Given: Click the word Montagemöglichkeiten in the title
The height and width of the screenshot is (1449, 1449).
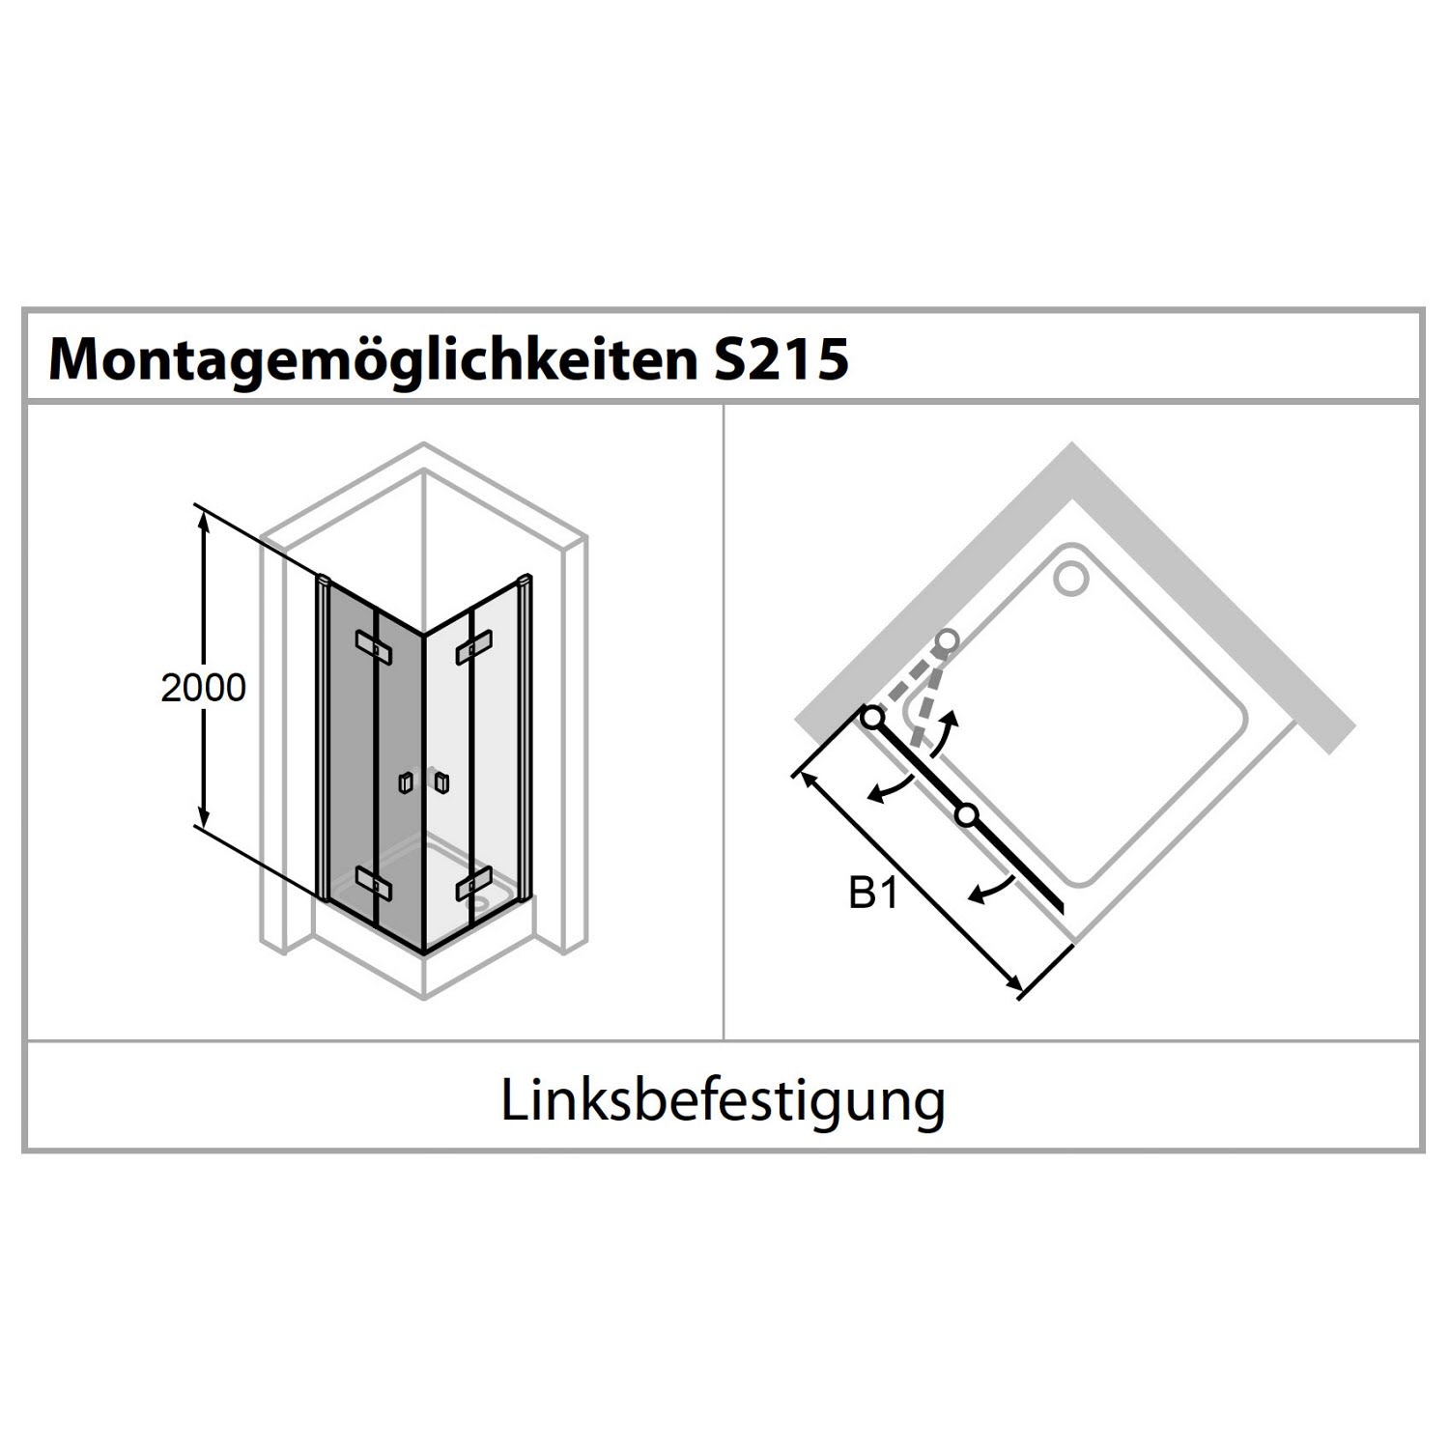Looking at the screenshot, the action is [x=373, y=359].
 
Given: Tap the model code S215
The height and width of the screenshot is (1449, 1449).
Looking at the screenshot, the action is [x=780, y=358].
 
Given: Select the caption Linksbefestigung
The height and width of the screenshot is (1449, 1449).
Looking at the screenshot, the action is [x=723, y=1100].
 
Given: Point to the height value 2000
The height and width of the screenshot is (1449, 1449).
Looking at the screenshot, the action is [x=203, y=688].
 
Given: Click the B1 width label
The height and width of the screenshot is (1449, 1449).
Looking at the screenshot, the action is [x=873, y=895].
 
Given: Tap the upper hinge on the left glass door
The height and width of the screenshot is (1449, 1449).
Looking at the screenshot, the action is [x=373, y=646].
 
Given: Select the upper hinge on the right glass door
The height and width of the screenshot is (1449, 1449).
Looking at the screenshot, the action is [x=474, y=645].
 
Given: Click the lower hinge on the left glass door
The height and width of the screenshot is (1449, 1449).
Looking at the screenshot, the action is [x=373, y=882].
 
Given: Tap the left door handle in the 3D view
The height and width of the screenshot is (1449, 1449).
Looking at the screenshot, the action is [x=407, y=782].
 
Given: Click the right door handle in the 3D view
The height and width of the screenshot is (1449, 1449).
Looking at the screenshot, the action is [x=441, y=781].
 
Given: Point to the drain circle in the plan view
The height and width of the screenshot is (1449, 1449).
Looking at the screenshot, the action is [x=1071, y=578].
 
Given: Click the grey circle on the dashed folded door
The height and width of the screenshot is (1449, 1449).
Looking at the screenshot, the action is [x=947, y=640].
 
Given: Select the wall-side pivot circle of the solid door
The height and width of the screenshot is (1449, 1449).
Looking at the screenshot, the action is [x=872, y=718].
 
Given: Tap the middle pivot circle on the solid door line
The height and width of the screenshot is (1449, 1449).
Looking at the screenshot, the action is [x=966, y=815].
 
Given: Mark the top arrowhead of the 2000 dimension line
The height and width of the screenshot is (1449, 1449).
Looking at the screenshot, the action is [x=203, y=521].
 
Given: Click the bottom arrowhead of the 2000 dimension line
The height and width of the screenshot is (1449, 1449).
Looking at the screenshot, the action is [x=203, y=809].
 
